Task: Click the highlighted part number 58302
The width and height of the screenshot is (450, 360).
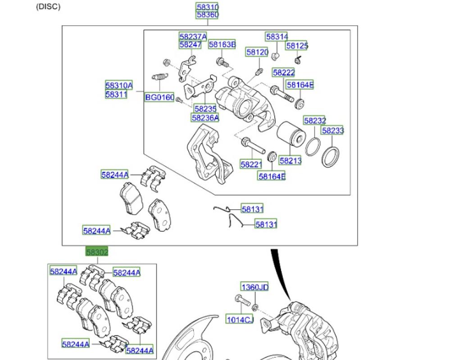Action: coord(97,252)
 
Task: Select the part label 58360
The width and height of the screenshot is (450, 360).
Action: coord(207,15)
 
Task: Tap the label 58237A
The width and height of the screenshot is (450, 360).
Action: coord(193,36)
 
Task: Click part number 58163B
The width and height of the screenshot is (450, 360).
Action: coord(222,44)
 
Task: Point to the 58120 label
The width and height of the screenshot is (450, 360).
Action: coord(257,52)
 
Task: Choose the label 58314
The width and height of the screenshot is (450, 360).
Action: coord(277,36)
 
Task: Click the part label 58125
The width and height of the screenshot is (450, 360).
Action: coord(297,45)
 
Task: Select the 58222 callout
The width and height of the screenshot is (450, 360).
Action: coord(283,72)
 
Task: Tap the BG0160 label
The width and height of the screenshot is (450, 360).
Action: coord(159,97)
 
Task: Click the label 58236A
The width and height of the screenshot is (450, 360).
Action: coord(205,117)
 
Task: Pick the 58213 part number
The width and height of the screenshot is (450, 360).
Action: coord(290,160)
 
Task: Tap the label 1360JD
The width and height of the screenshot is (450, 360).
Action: coord(255,287)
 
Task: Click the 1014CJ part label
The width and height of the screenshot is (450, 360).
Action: coord(240,319)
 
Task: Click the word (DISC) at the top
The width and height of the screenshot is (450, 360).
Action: coord(48,7)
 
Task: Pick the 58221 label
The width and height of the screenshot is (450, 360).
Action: coord(251,165)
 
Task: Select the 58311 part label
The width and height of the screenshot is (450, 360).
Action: coord(116,94)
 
